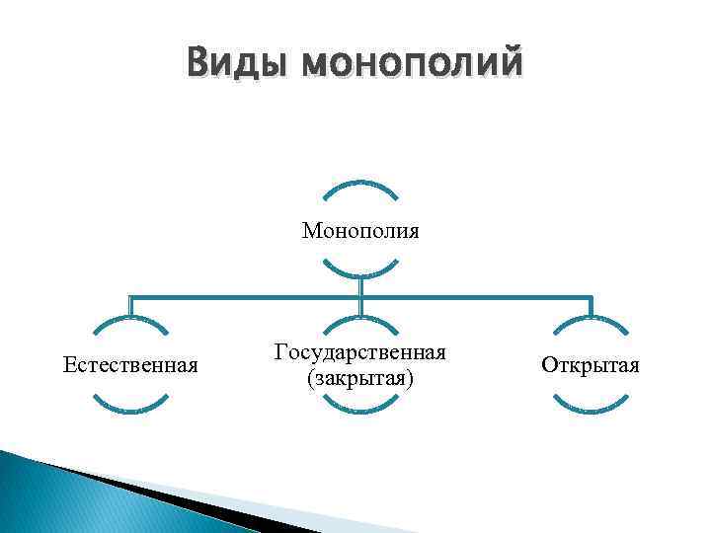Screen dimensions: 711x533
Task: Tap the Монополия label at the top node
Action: point(360,231)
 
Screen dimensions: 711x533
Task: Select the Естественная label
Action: point(130,366)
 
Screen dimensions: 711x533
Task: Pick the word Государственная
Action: point(360,352)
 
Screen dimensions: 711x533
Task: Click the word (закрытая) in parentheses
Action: point(360,378)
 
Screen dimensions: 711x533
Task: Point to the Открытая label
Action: point(591,366)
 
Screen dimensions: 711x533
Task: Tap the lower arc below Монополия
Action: point(360,271)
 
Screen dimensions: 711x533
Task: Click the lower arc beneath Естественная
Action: point(130,407)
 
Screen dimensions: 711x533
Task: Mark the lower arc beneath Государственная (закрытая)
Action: point(360,407)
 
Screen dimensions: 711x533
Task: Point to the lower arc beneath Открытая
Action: point(591,407)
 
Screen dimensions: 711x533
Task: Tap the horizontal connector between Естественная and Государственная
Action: point(247,294)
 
